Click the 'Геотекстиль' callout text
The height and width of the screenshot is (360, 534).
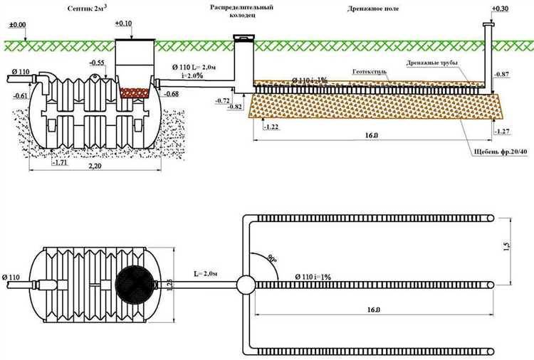[370, 72]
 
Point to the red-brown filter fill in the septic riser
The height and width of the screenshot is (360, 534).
[133, 92]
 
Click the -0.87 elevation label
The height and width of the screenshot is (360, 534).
[502, 75]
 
